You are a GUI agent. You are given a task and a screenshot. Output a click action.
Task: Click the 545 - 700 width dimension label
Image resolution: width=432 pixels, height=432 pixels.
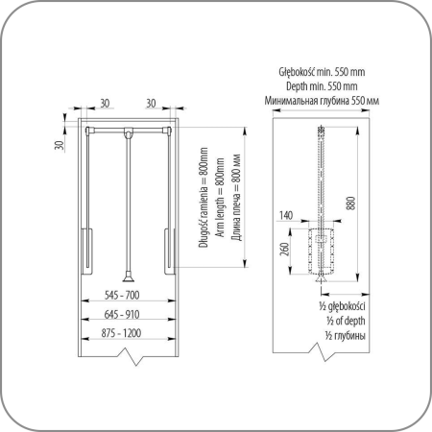pos(122,295)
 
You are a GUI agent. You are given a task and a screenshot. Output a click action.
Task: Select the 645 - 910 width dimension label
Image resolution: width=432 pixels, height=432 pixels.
pos(122,314)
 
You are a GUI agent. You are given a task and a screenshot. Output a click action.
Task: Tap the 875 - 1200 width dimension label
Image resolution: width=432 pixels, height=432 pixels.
pos(121,333)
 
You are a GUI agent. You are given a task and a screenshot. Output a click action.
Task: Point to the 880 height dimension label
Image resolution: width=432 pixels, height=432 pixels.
pos(350,204)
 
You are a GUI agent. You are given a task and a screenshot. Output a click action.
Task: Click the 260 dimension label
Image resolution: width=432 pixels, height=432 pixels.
pos(284,249)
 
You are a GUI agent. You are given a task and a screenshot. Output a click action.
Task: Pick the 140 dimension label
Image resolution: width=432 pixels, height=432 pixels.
pos(286,215)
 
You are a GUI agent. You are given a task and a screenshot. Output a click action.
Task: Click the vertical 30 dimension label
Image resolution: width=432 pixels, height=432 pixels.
pos(60,145)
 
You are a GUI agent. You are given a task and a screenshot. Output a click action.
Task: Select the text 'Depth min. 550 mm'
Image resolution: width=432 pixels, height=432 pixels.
pos(322,86)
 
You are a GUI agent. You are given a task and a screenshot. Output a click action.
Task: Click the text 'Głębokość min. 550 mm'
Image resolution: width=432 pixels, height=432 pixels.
pos(322,72)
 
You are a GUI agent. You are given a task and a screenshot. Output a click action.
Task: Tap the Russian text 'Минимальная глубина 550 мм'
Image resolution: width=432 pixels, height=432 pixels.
pos(322,101)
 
